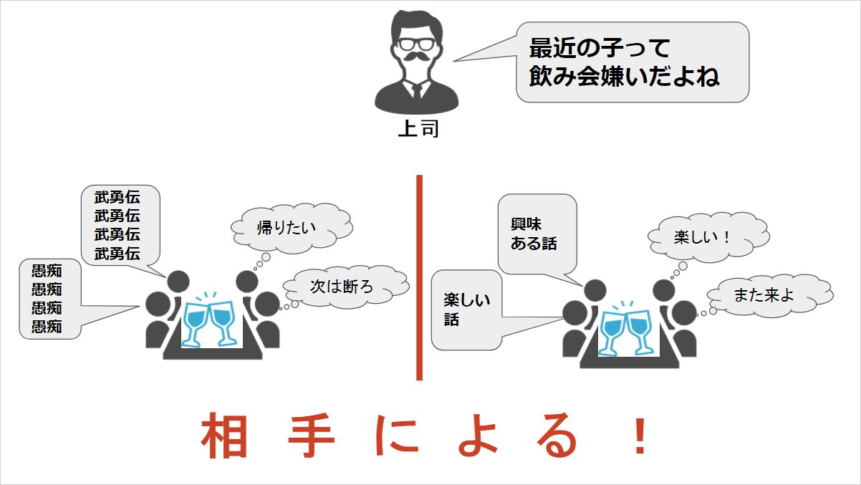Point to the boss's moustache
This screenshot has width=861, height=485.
(417, 58)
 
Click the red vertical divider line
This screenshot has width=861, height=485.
(419, 277)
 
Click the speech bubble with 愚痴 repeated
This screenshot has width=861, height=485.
(48, 299)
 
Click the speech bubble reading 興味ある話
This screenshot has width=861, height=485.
(536, 234)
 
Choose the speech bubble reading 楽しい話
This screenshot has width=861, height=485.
(466, 309)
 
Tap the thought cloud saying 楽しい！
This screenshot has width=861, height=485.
(701, 237)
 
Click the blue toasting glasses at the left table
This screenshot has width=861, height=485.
(209, 320)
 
